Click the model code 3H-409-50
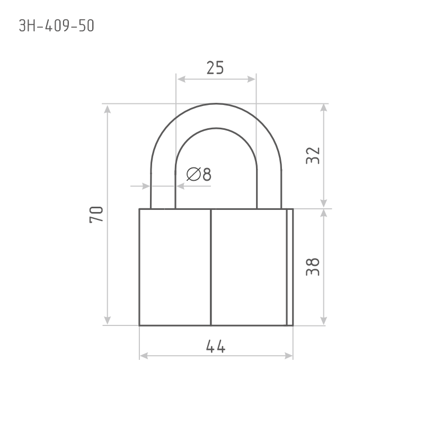pyautogui.click(x=57, y=26)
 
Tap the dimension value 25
pyautogui.click(x=215, y=68)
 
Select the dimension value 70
pyautogui.click(x=96, y=215)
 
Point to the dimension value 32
pyautogui.click(x=313, y=156)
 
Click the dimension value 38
pyautogui.click(x=313, y=267)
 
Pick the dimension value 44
pyautogui.click(x=216, y=347)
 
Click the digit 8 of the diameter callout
pyautogui.click(x=207, y=174)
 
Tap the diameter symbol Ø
pyautogui.click(x=193, y=174)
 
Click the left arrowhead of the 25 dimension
pyautogui.click(x=181, y=79)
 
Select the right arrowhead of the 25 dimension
pyautogui.click(x=251, y=79)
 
